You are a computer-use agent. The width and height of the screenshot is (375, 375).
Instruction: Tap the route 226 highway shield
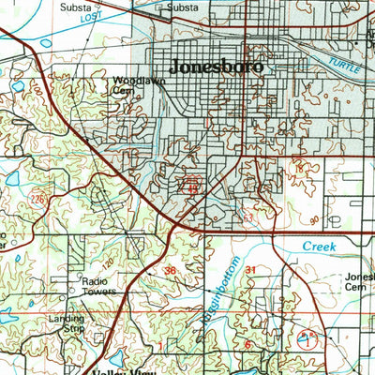(x=37, y=199)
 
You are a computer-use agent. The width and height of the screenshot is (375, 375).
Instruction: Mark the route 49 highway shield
(x=193, y=189)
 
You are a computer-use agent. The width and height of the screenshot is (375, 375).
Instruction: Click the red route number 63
(x=247, y=218)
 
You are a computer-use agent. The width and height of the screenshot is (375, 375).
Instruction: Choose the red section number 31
(x=250, y=270)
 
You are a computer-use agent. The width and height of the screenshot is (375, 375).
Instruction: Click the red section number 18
(x=301, y=167)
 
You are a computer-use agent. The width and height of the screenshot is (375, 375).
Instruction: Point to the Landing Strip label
(x=66, y=324)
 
